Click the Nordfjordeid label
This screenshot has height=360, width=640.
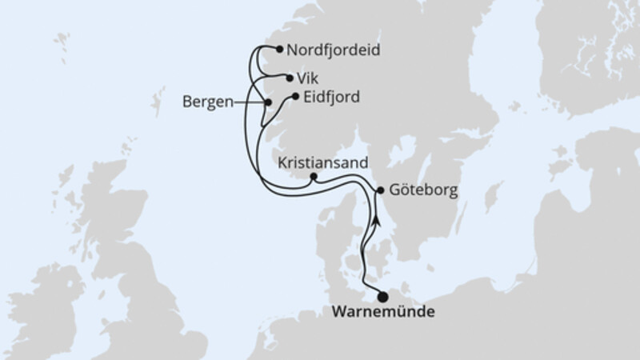[324, 50]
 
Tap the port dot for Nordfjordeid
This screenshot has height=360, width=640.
[279, 50]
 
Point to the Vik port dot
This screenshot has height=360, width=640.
[289, 78]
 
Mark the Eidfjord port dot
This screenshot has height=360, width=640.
[296, 97]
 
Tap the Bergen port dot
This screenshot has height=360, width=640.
[269, 102]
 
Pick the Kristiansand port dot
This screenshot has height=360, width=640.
[313, 177]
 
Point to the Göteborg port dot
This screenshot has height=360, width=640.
[380, 190]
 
